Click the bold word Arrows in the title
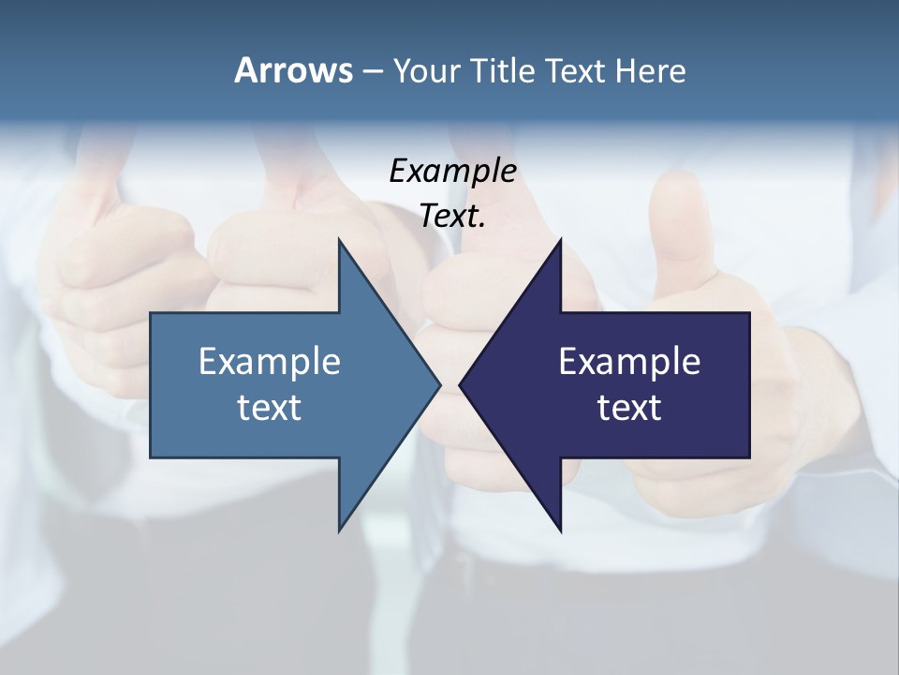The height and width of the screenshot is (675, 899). tap(293, 70)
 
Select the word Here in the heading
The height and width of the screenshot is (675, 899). tap(650, 70)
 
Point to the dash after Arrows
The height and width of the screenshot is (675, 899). tap(372, 72)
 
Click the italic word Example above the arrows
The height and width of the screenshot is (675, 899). tap(452, 172)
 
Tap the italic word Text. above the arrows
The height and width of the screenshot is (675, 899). tap(452, 217)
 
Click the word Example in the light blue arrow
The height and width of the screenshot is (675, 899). tap(270, 362)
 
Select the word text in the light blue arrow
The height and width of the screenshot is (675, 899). tap(270, 408)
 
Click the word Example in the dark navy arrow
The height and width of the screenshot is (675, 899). tap(629, 362)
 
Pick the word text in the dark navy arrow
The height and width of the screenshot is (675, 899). tap(629, 408)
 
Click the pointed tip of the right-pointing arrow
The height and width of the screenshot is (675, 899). tap(440, 384)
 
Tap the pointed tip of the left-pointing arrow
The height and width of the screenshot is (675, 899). tap(460, 384)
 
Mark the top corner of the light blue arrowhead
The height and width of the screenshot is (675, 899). tap(339, 240)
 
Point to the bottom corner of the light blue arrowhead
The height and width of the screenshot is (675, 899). tap(339, 531)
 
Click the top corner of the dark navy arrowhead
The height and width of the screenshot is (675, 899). tap(560, 240)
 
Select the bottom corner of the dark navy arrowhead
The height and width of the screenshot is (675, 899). tap(560, 531)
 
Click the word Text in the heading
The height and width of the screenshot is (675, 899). tap(576, 70)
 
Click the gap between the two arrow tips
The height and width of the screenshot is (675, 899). tap(450, 384)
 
